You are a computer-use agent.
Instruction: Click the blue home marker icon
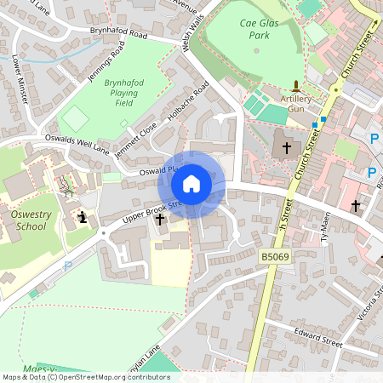pos(191,183)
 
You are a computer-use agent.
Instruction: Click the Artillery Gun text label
pos(295,105)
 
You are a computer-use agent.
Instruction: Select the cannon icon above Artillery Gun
pos(295,85)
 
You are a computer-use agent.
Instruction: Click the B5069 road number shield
pos(276,255)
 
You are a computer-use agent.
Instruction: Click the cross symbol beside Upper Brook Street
pos(160,220)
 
